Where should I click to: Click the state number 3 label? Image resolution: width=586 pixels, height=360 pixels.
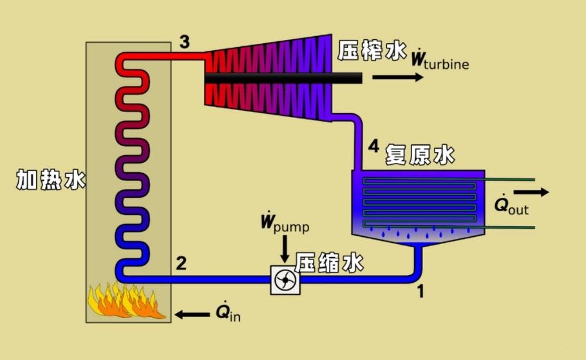click(184, 43)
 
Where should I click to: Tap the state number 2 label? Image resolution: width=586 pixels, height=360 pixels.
click(181, 263)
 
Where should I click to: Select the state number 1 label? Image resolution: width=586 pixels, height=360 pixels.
click(421, 292)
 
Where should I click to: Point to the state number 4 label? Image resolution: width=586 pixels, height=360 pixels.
click(373, 147)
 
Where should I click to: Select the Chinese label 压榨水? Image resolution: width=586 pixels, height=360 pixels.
click(369, 51)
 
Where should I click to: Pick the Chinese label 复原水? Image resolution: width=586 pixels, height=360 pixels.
click(420, 155)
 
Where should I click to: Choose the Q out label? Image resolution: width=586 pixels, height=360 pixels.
click(511, 206)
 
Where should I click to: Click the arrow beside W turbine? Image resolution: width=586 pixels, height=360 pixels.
click(398, 77)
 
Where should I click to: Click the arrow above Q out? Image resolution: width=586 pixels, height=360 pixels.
click(531, 192)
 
